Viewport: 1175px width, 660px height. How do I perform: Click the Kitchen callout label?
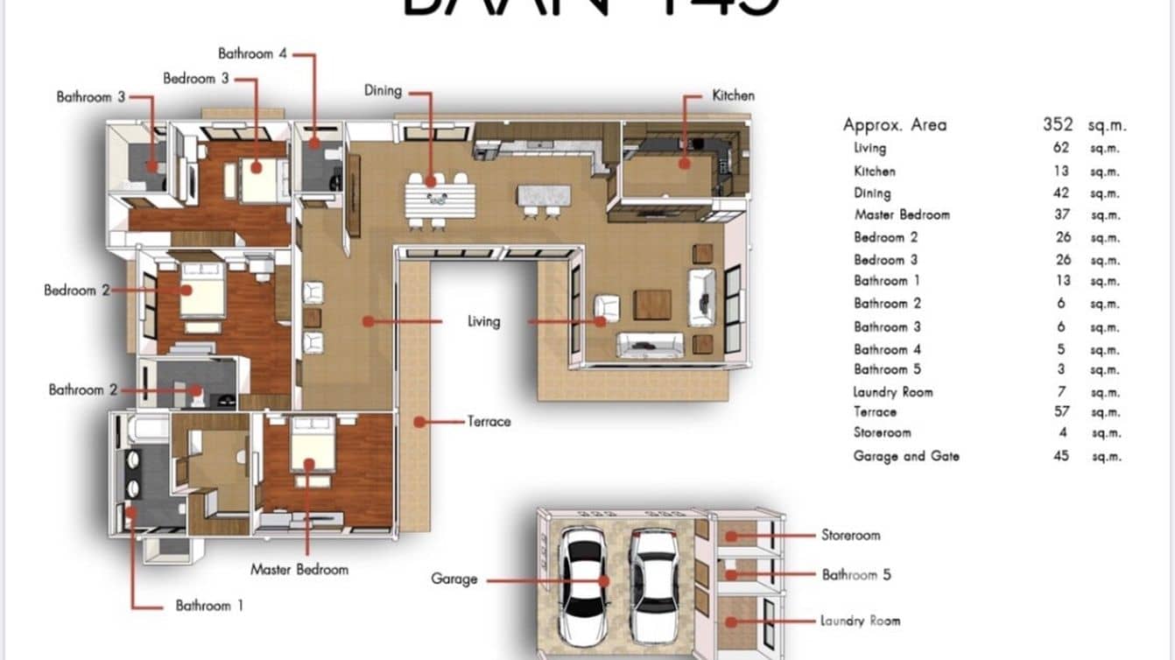click(x=733, y=95)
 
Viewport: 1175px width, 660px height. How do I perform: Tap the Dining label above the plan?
click(x=383, y=90)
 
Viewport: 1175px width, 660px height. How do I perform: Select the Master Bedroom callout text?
click(x=299, y=570)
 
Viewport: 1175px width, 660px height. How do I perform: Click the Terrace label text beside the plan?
click(x=489, y=422)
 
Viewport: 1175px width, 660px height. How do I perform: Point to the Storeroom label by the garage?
click(x=850, y=535)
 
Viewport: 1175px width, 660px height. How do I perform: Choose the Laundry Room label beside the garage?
click(x=860, y=621)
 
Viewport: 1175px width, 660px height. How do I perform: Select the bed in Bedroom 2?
click(x=203, y=291)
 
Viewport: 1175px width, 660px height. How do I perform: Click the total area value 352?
click(x=1058, y=124)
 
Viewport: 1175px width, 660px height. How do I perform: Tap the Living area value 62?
click(x=1061, y=148)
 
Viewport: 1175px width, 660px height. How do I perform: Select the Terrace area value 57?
click(x=1061, y=412)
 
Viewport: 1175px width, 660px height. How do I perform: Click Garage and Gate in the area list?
click(x=906, y=456)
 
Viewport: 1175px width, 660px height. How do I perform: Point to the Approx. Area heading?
click(x=894, y=124)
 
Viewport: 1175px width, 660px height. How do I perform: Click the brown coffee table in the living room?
click(x=652, y=305)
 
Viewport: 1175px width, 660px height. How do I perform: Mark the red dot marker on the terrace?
click(x=419, y=422)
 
